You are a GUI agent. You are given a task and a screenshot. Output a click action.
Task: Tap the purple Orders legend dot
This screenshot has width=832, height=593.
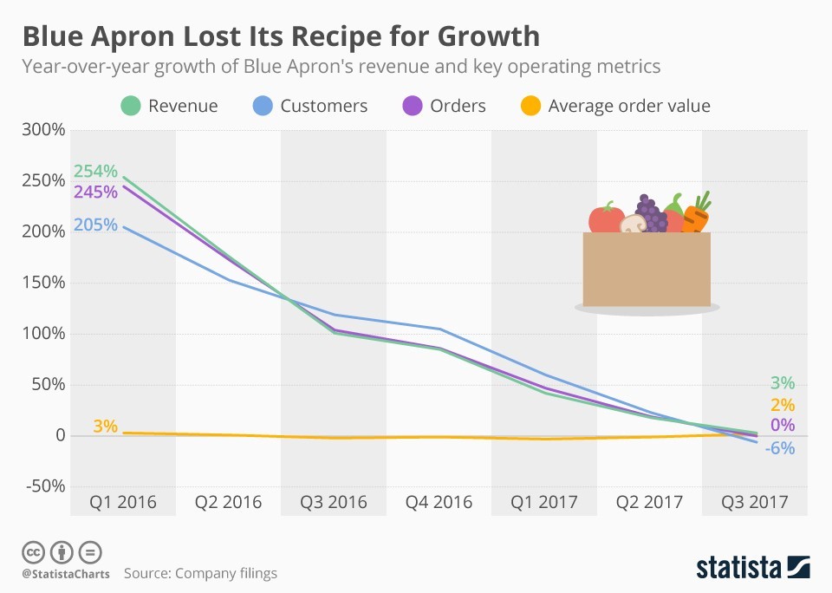[413, 106]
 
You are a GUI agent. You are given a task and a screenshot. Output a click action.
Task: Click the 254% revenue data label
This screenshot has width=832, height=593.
[94, 172]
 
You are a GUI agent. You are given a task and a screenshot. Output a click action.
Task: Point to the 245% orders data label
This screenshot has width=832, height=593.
[94, 192]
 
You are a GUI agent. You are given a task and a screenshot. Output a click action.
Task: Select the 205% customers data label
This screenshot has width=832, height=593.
[94, 225]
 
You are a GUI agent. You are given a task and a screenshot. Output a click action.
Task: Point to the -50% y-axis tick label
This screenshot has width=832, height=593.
[44, 485]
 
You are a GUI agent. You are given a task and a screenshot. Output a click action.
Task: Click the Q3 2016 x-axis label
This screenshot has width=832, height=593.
[334, 502]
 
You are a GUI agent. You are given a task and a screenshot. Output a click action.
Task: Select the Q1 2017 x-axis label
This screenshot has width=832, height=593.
[544, 502]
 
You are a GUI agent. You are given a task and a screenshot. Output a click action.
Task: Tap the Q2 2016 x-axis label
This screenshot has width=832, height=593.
[228, 502]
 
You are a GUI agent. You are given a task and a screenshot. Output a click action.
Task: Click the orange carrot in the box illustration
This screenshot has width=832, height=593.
[696, 214]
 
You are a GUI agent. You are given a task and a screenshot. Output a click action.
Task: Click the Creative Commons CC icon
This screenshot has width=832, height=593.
[34, 552]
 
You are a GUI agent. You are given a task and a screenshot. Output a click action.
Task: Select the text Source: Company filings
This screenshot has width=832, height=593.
[200, 573]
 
